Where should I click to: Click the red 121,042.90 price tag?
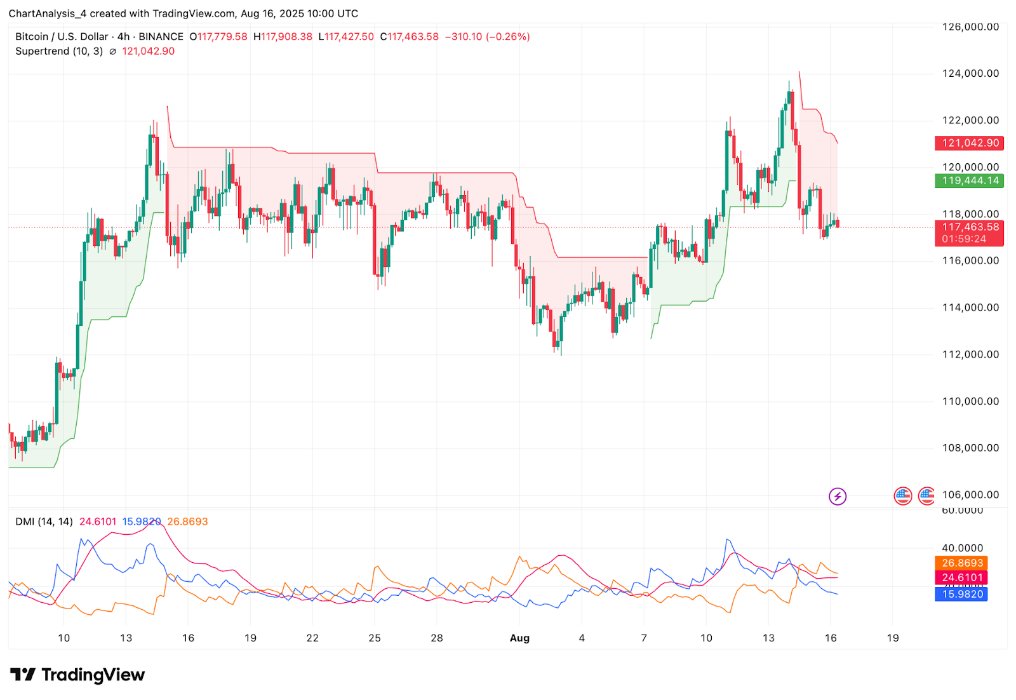(969, 143)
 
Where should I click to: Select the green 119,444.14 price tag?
(969, 180)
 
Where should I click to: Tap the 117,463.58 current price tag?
(969, 227)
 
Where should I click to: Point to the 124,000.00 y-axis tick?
(970, 74)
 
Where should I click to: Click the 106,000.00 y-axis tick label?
(970, 495)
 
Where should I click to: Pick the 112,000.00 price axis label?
(970, 354)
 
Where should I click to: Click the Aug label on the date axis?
(519, 638)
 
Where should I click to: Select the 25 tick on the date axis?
(375, 638)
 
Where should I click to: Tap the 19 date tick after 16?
(893, 638)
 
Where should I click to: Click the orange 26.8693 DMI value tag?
(961, 563)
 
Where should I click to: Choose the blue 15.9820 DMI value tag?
(961, 594)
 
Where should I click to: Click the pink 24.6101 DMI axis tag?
(961, 577)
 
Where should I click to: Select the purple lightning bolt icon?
(838, 496)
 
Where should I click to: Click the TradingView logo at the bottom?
(77, 675)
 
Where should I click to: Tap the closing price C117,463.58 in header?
(410, 37)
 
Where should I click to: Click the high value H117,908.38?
(283, 37)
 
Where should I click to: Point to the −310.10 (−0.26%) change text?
(488, 37)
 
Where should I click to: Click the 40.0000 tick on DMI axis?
(963, 548)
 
